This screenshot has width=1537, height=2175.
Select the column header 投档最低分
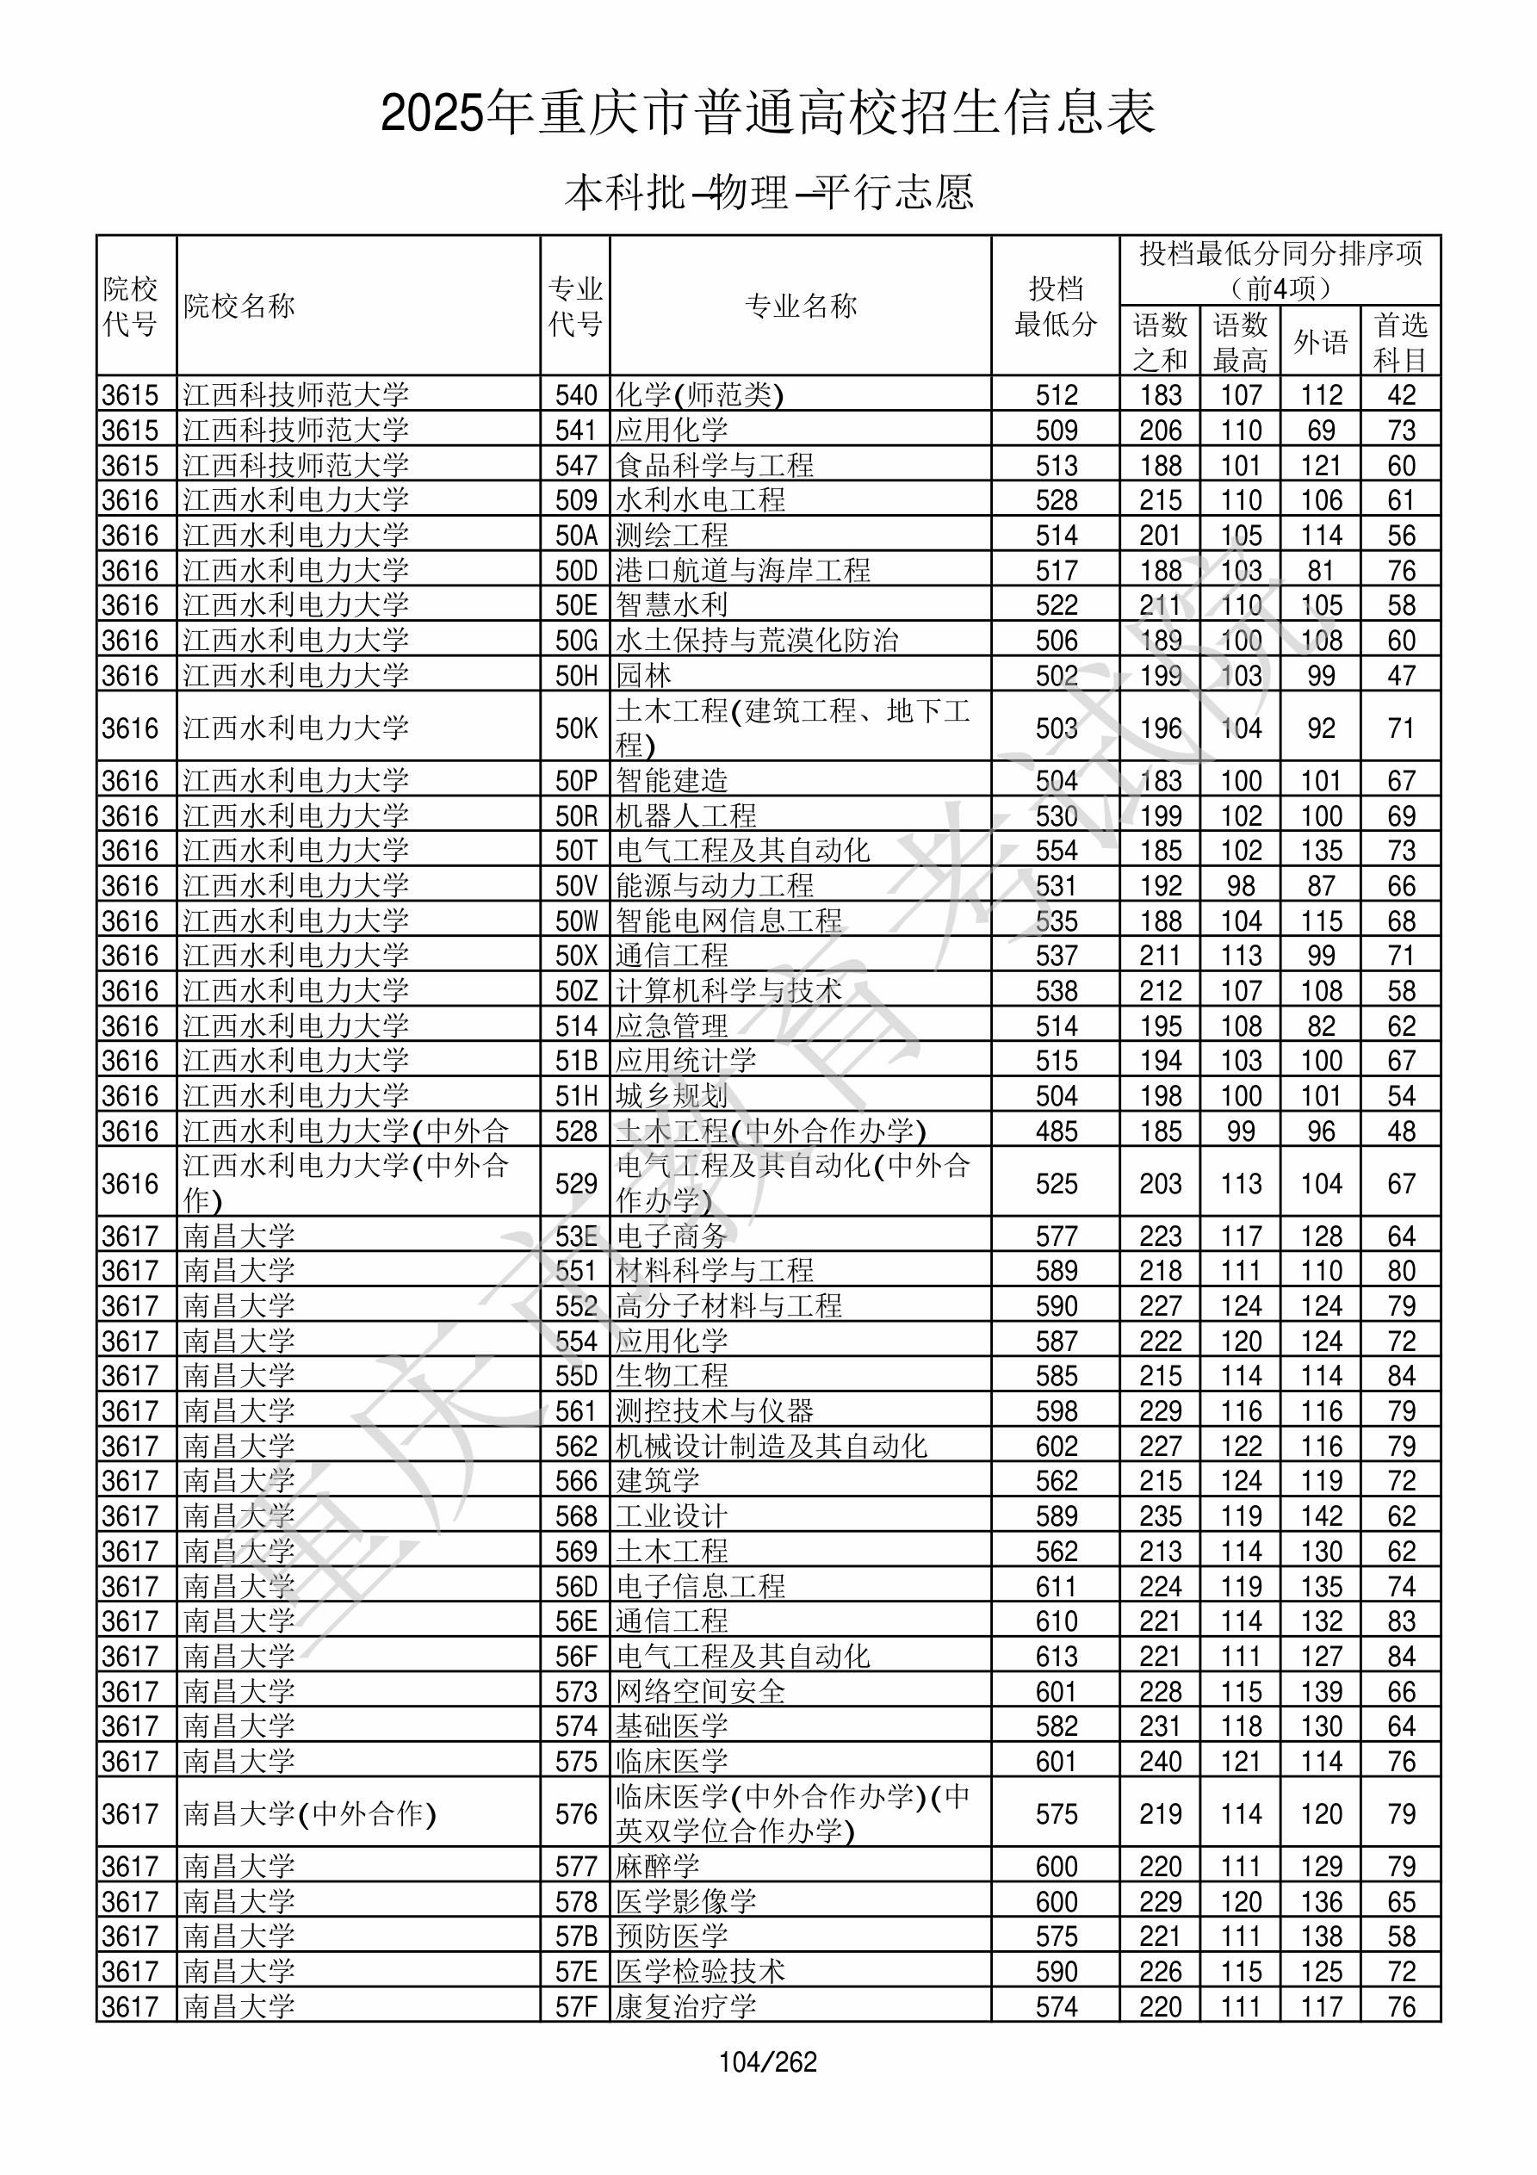1055,306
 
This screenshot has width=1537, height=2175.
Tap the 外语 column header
1320,342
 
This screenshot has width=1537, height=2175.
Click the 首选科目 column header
1401,342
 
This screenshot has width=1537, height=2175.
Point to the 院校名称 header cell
239,306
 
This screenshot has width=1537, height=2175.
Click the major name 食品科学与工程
715,465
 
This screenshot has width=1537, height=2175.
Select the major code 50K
576,728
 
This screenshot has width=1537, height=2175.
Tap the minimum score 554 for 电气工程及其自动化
1056,851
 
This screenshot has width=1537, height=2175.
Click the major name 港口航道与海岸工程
743,570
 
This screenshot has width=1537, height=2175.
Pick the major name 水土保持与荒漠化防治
757,641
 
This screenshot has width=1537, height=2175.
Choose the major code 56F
576,1657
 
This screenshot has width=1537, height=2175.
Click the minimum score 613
1056,1657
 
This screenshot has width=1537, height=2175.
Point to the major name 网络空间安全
700,1692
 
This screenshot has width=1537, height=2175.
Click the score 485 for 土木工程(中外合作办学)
1056,1131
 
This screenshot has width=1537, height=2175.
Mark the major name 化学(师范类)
699,395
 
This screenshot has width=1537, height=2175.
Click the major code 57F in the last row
576,2007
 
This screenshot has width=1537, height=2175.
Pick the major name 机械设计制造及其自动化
772,1447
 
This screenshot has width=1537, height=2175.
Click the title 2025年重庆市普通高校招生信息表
767,114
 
